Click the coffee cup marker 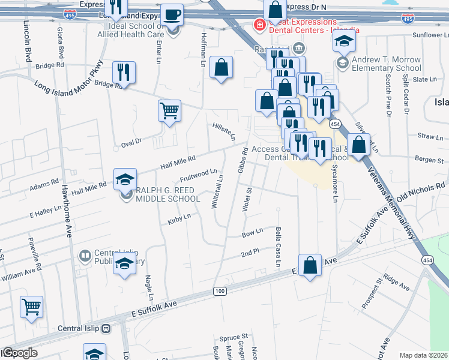173,14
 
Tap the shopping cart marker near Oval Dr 169,110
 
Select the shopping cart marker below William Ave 31,307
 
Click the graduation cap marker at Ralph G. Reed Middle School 125,178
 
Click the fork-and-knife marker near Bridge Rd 124,72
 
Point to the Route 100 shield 220,291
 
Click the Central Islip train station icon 106,328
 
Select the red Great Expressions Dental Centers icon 259,25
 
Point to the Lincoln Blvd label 28,41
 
